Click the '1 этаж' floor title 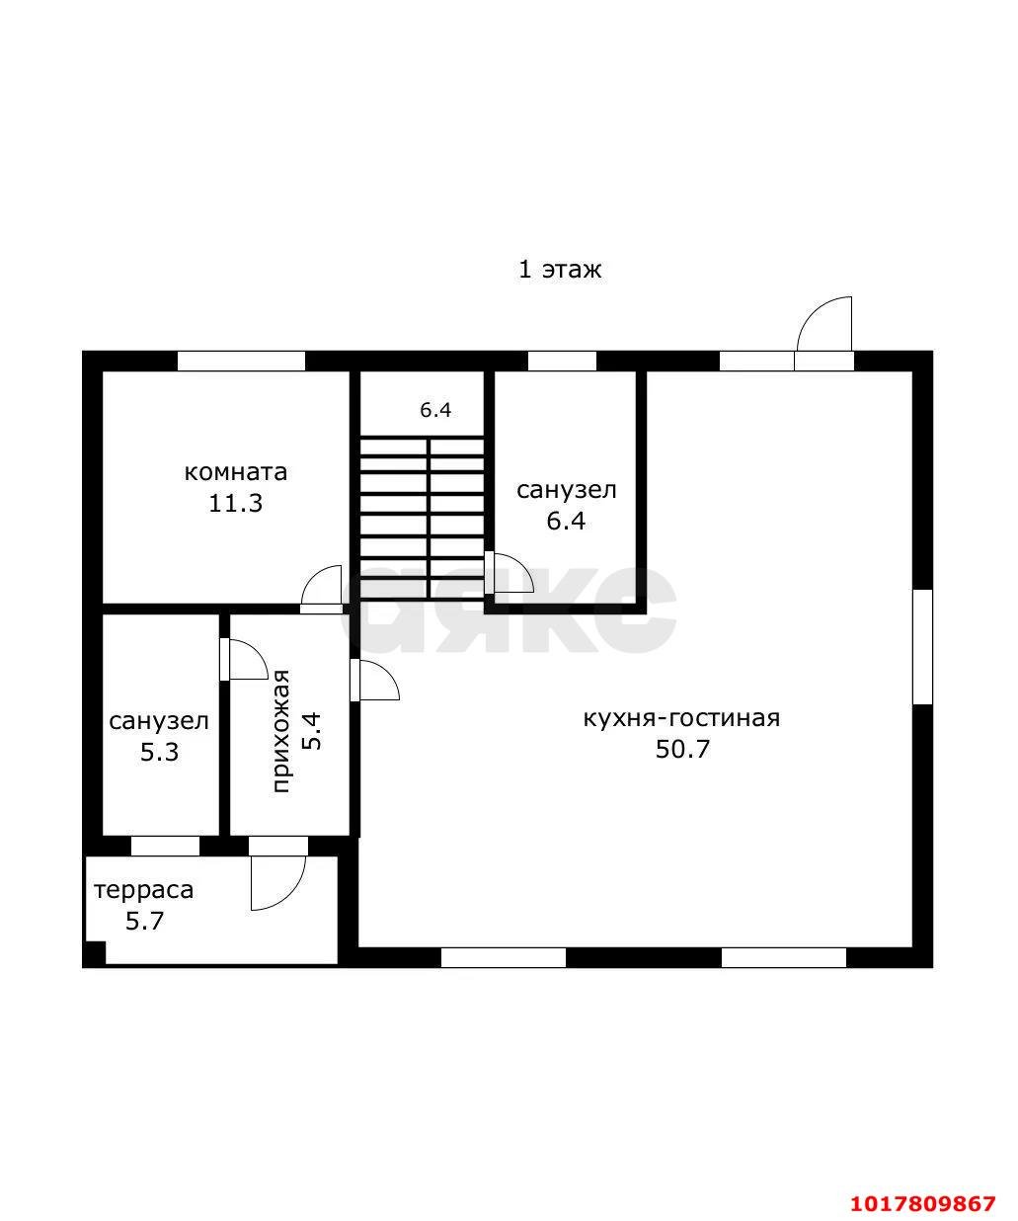[560, 270]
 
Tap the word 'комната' [236, 472]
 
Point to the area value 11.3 [236, 503]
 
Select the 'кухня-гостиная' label [682, 718]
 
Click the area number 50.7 [682, 749]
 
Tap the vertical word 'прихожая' [281, 731]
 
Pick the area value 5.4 [311, 731]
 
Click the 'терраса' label [144, 890]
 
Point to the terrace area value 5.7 [144, 922]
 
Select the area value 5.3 [159, 752]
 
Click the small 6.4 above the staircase [435, 410]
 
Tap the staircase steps [422, 518]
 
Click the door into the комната [322, 590]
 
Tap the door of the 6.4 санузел [509, 574]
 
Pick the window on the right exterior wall [922, 647]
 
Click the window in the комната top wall [241, 361]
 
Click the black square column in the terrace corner [95, 953]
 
